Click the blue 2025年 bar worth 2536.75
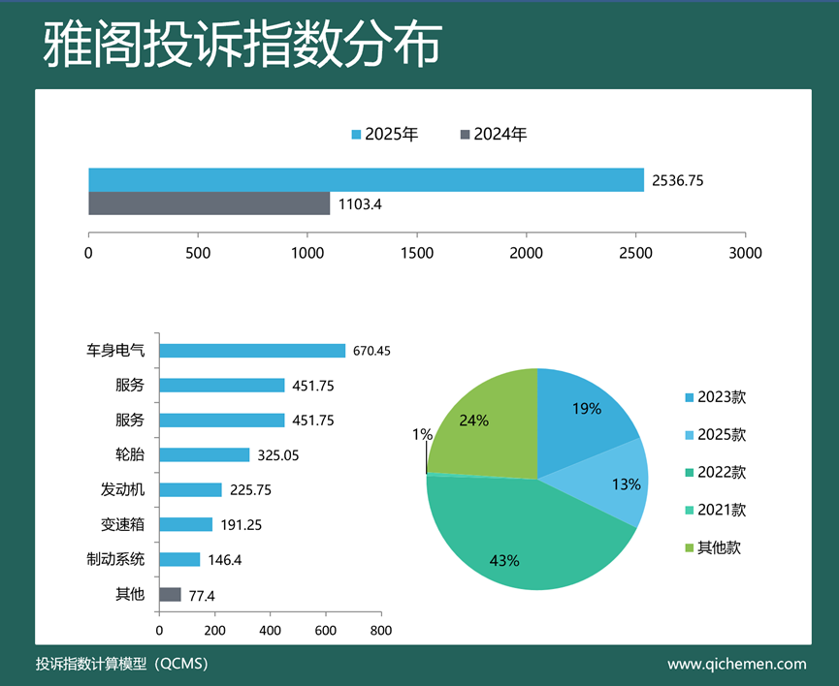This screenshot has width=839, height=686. (x=366, y=179)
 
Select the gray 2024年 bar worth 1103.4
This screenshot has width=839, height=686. (x=209, y=203)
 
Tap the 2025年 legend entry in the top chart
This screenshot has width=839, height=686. (x=385, y=135)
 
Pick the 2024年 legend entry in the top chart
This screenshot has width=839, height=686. (x=494, y=135)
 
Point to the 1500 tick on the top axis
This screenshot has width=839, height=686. (x=416, y=253)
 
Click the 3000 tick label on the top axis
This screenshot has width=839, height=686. (x=744, y=253)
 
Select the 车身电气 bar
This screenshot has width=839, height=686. (x=252, y=351)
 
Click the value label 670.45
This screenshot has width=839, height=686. (x=371, y=351)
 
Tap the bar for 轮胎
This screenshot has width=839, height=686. (x=204, y=454)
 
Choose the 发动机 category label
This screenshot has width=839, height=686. (x=122, y=489)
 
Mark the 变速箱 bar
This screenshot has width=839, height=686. (x=185, y=524)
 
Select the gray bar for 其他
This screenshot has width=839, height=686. (x=170, y=594)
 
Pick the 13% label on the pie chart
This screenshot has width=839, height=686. (x=627, y=483)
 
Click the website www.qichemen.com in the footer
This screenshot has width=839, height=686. (x=737, y=664)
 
